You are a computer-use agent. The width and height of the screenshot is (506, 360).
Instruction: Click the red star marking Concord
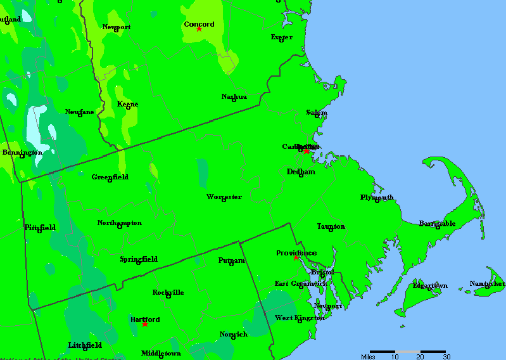[x=199, y=29]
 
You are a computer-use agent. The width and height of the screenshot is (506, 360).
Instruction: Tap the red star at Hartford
[x=145, y=324]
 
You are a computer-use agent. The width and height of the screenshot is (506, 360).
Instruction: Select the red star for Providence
[x=296, y=257]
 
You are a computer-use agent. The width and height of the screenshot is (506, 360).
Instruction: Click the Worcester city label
[x=224, y=197]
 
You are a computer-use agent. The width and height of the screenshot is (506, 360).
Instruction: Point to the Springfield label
[x=139, y=259]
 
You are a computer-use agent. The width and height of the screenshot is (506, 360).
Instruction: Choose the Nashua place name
[x=234, y=97]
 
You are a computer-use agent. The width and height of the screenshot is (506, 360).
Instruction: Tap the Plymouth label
[x=377, y=197]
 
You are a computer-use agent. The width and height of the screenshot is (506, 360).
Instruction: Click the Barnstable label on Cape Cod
[x=437, y=224]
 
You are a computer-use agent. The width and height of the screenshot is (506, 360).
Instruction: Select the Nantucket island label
[x=487, y=283]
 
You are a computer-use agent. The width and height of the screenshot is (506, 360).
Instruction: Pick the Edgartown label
[x=430, y=286]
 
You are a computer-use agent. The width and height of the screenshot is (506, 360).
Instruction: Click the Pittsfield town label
[x=40, y=228]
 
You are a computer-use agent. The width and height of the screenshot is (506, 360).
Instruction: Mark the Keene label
[x=128, y=104]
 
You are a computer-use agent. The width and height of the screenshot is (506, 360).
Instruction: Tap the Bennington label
[x=22, y=153]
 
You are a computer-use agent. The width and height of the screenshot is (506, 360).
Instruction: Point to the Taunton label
[x=331, y=226]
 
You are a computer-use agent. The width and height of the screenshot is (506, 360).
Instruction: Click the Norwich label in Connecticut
[x=234, y=334]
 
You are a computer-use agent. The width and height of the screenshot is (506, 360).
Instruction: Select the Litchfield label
[x=85, y=345]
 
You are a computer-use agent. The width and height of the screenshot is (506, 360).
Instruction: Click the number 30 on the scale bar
[x=446, y=357]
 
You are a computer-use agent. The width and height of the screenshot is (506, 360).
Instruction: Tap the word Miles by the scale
[x=368, y=357]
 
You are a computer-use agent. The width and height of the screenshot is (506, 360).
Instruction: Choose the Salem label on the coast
[x=317, y=113]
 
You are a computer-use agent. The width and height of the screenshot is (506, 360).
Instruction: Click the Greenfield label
[x=110, y=177]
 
